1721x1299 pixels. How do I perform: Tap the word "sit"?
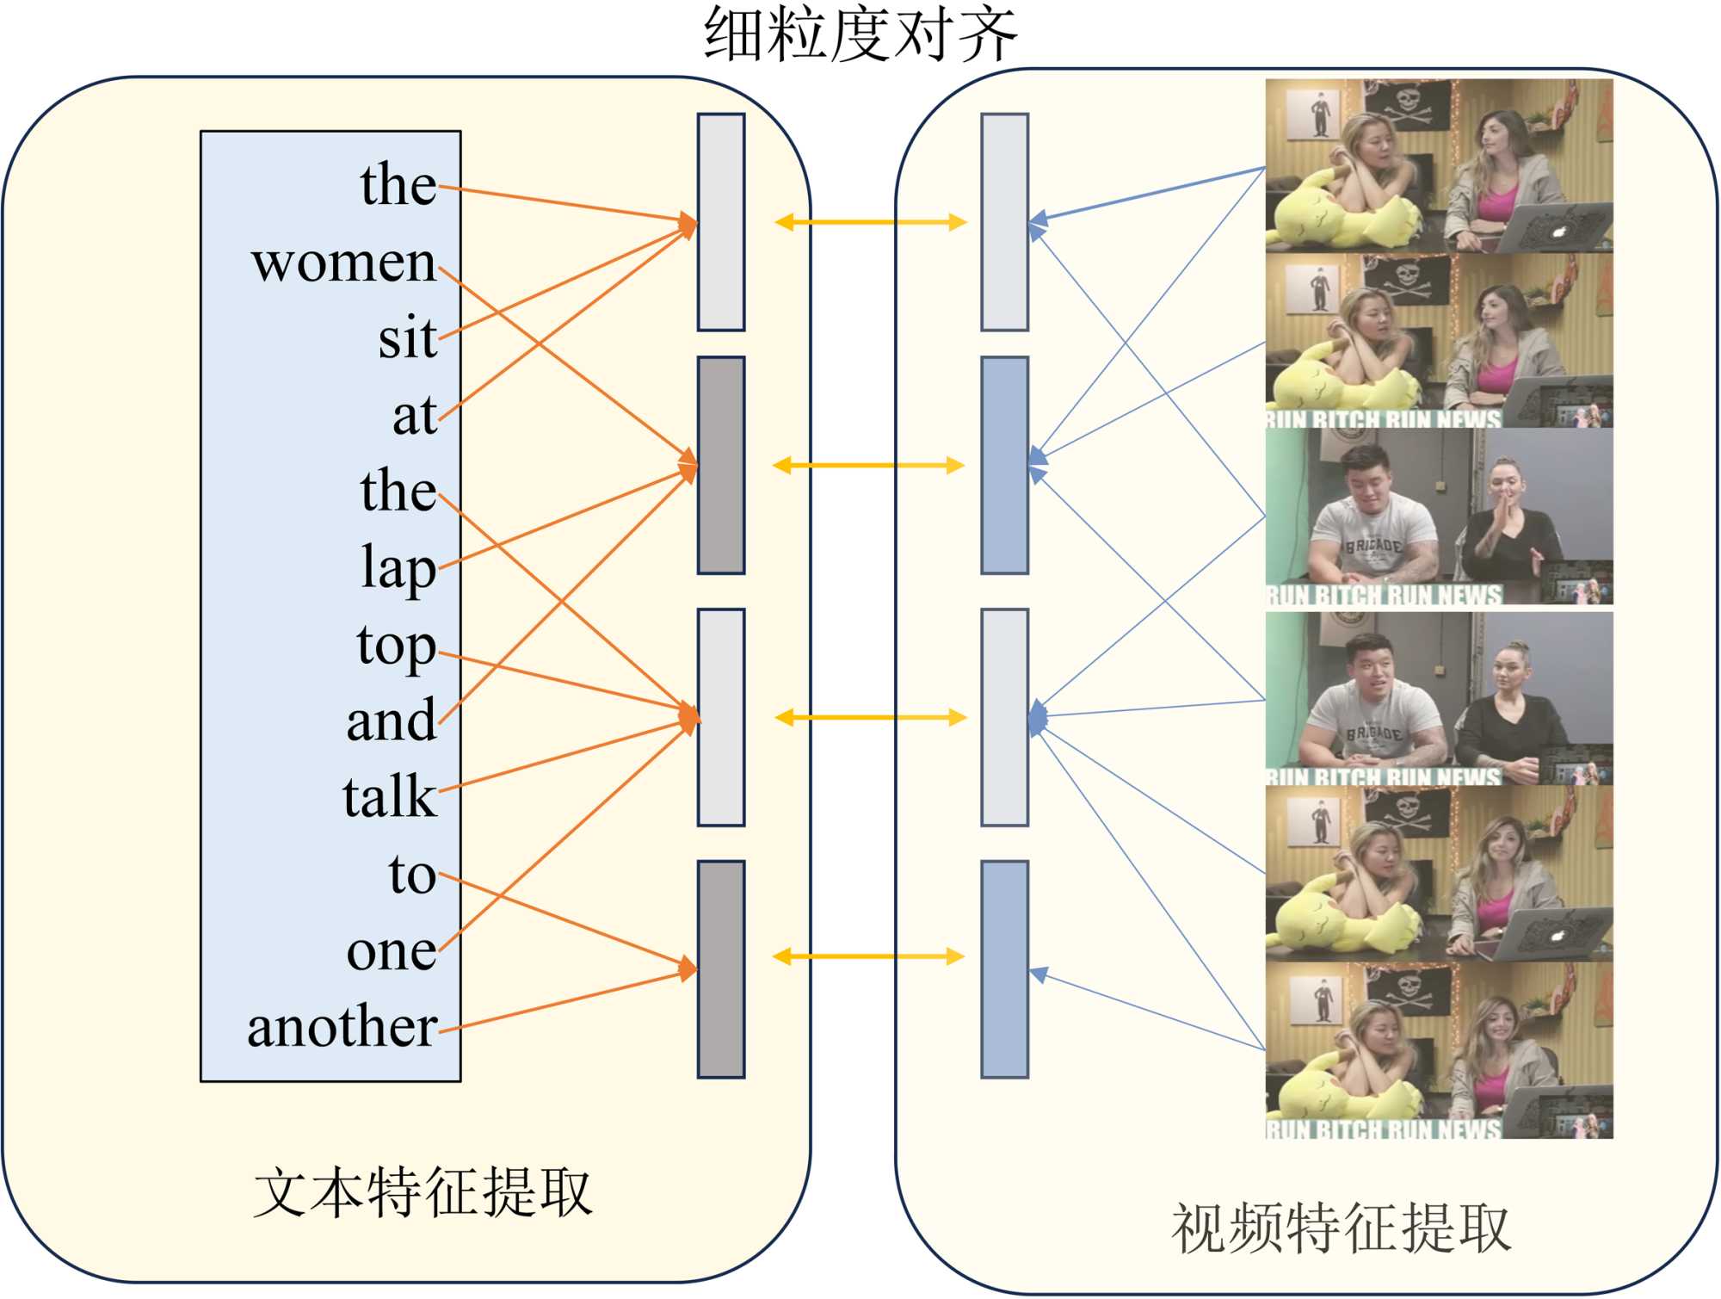[x=407, y=338]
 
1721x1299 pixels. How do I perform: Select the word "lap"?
[x=398, y=568]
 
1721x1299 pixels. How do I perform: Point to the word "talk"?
[x=389, y=796]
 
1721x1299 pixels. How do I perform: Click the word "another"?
[x=342, y=1027]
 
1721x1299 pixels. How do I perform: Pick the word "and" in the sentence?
[x=391, y=721]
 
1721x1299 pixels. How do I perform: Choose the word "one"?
[x=391, y=951]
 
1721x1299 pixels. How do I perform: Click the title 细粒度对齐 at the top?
[x=860, y=34]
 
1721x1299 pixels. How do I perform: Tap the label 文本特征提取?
[x=423, y=1193]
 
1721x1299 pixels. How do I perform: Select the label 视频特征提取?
[x=1341, y=1228]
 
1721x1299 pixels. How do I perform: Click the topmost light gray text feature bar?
[x=721, y=222]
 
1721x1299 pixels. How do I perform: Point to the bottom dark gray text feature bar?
[x=721, y=969]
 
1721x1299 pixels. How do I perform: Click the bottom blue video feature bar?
[x=1005, y=969]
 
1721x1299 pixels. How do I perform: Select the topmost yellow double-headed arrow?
[x=870, y=223]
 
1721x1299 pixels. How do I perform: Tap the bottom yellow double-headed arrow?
[x=868, y=956]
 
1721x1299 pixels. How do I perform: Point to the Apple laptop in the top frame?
[x=1553, y=227]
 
